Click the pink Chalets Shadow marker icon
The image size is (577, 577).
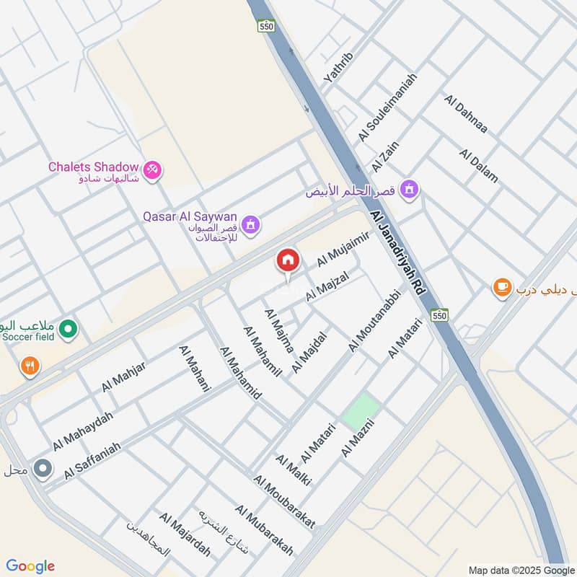pyautogui.click(x=153, y=170)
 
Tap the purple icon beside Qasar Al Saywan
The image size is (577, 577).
pyautogui.click(x=250, y=226)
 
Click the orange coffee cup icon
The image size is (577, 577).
pyautogui.click(x=501, y=288)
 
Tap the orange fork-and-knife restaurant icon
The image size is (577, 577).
pyautogui.click(x=30, y=366)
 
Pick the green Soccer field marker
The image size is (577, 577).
pyautogui.click(x=69, y=330)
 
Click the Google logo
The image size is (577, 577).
pyautogui.click(x=30, y=566)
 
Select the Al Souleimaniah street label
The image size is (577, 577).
pyautogui.click(x=387, y=107)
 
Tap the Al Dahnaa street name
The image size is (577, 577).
pyautogui.click(x=467, y=114)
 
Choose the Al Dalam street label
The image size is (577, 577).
pyautogui.click(x=479, y=166)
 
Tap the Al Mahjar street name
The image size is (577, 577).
pyautogui.click(x=123, y=376)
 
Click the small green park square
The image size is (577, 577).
pyautogui.click(x=360, y=410)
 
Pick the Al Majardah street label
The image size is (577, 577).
pyautogui.click(x=185, y=534)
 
